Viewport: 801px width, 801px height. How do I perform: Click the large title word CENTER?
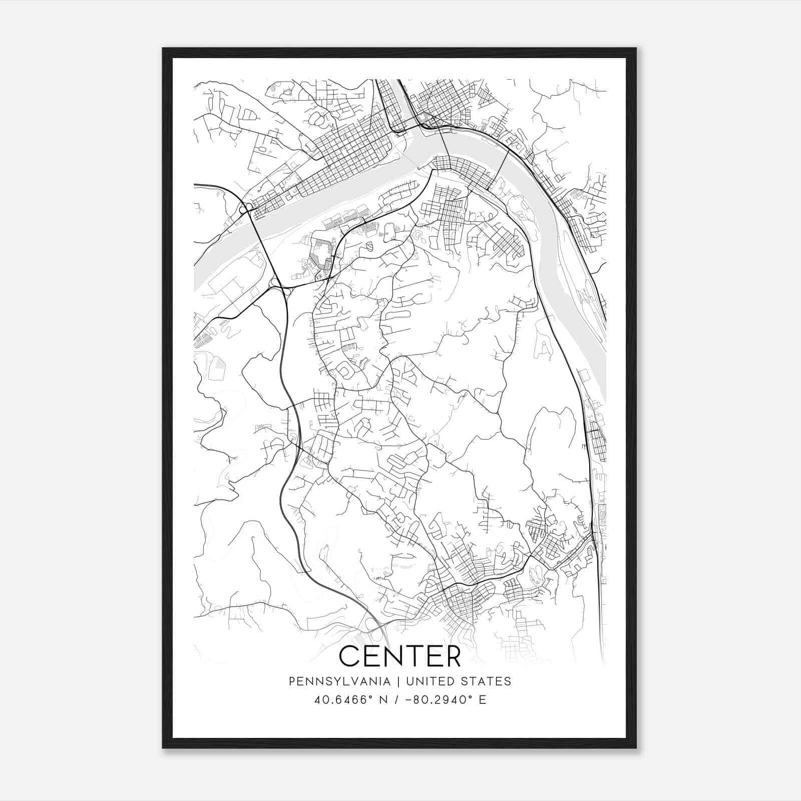pos(399,656)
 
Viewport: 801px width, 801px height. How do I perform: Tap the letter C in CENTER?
pos(350,656)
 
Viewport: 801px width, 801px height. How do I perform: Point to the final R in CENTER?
pos(452,656)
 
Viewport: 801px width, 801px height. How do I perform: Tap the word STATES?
pos(486,681)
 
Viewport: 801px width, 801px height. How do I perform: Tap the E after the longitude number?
pos(483,700)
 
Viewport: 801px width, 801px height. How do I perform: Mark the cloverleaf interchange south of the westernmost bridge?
pos(277,286)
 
